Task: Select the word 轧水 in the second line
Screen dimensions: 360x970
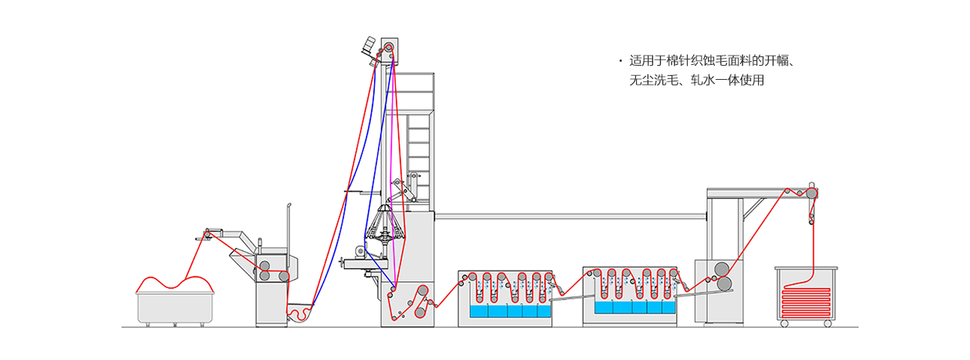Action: pyautogui.click(x=698, y=80)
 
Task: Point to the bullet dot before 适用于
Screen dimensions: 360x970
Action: pyautogui.click(x=620, y=61)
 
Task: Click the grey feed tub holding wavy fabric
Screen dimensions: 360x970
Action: pyautogui.click(x=174, y=308)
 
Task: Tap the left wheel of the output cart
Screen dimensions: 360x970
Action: pyautogui.click(x=784, y=323)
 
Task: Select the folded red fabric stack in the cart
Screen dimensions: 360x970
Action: pyautogui.click(x=806, y=301)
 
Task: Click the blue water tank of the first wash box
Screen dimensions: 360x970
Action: pyautogui.click(x=508, y=311)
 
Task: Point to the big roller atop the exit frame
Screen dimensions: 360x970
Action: pyautogui.click(x=813, y=193)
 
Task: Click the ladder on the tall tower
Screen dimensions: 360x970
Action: pyautogui.click(x=419, y=149)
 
